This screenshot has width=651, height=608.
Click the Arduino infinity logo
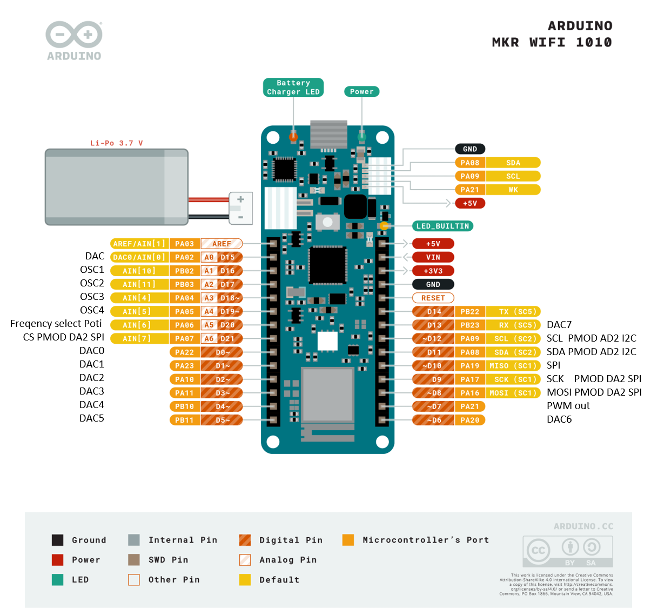pyautogui.click(x=74, y=35)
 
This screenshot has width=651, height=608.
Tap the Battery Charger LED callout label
pyautogui.click(x=293, y=88)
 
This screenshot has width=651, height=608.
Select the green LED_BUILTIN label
pyautogui.click(x=442, y=226)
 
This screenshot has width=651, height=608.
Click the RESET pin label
pyautogui.click(x=433, y=298)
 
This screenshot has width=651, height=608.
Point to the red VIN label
pyautogui.click(x=433, y=257)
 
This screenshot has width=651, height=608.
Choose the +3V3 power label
pyautogui.click(x=433, y=271)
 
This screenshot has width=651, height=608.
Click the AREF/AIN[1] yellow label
pyautogui.click(x=139, y=244)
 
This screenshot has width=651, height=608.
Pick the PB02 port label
pyautogui.click(x=184, y=271)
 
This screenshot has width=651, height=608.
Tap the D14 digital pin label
pyautogui.click(x=433, y=311)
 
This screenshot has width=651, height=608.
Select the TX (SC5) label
pyautogui.click(x=513, y=311)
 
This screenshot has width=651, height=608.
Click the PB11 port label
pyautogui.click(x=184, y=420)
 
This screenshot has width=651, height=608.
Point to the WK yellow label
pyautogui.click(x=513, y=190)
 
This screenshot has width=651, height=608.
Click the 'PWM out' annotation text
pyautogui.click(x=568, y=406)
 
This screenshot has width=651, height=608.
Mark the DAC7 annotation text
pyautogui.click(x=559, y=325)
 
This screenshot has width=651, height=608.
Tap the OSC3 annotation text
pyautogui.click(x=92, y=297)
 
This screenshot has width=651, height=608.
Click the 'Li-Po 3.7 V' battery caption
pyautogui.click(x=116, y=143)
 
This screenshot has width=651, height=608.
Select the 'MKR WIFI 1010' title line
pyautogui.click(x=552, y=42)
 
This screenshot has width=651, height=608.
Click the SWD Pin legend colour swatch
pyautogui.click(x=134, y=559)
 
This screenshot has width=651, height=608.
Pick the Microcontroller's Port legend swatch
pyautogui.click(x=348, y=540)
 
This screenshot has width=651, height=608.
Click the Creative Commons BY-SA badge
pyautogui.click(x=567, y=551)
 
